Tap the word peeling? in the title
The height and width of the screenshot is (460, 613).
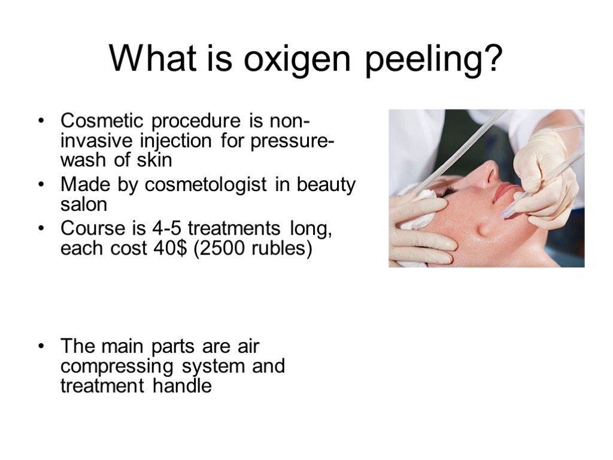(438, 61)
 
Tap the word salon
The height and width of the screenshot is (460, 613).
(84, 204)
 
